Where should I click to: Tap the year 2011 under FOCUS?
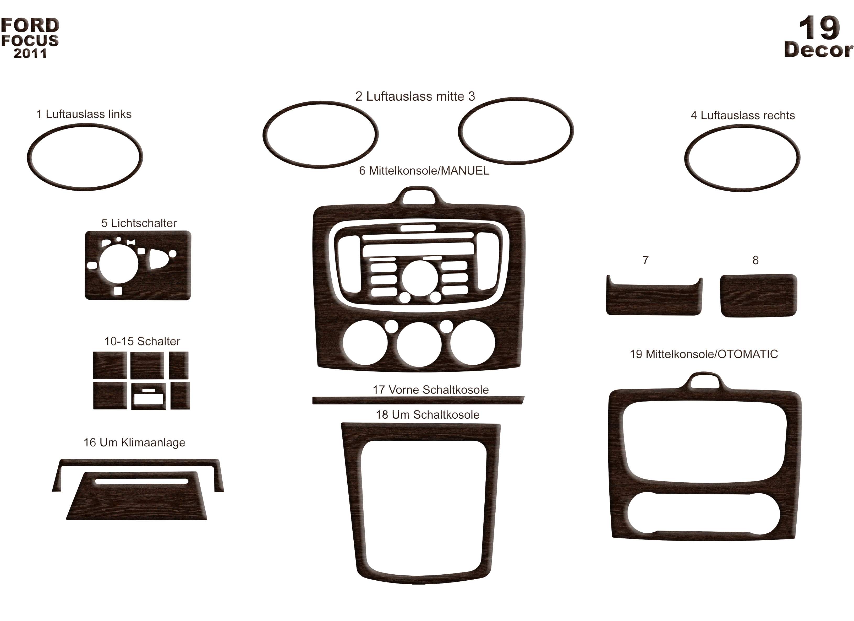coord(30,53)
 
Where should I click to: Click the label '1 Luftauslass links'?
coord(84,114)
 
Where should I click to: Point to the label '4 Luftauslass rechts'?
coord(743,115)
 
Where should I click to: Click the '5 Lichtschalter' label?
coord(139,223)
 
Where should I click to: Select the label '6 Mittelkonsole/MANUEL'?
coord(424,171)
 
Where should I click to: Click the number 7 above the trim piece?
coord(645,260)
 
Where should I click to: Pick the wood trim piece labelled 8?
coord(758,295)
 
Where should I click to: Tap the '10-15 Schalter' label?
coord(142,341)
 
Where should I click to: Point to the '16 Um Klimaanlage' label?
coord(134,442)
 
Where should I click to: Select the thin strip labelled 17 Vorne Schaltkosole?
coord(418,400)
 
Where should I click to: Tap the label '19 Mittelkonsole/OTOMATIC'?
coord(704,354)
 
